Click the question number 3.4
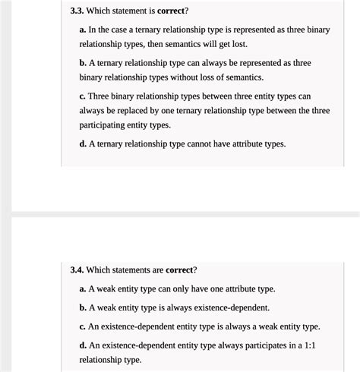[77, 270]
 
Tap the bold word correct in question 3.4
[179, 270]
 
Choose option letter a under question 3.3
[82, 30]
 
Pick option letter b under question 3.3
[82, 63]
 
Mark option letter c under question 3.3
[82, 96]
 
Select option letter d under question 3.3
[82, 143]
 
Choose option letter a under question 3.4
[82, 288]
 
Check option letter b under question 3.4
[82, 307]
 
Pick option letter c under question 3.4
[82, 326]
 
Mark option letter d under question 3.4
[82, 345]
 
